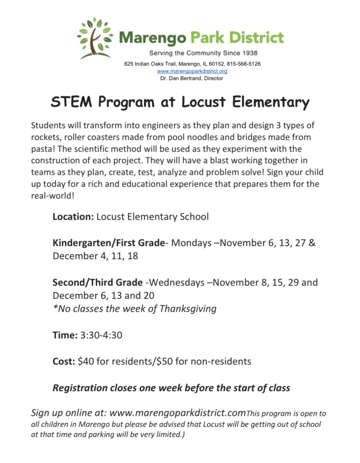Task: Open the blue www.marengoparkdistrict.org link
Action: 192,71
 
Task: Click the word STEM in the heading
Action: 72,103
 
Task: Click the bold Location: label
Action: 73,216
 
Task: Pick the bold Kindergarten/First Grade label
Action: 108,243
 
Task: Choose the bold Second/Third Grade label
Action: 97,282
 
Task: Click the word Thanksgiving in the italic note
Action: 187,309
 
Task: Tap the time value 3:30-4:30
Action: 101,335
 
